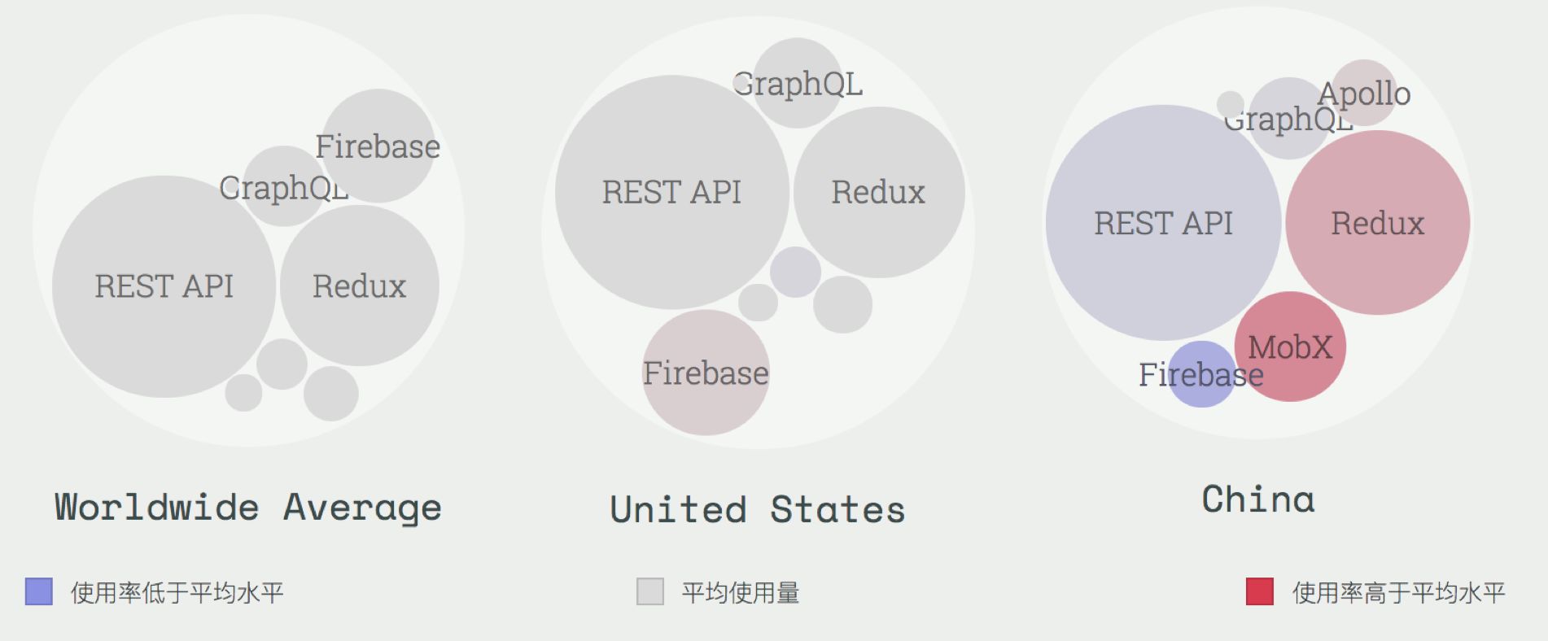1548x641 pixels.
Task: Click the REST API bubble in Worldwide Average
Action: click(x=164, y=286)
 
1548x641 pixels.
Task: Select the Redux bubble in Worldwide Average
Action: click(x=359, y=286)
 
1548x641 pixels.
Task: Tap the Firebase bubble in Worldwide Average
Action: click(x=378, y=146)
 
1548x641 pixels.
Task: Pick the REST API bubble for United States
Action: click(x=671, y=192)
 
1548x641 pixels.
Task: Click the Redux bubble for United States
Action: click(x=878, y=192)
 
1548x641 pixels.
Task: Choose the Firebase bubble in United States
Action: click(x=706, y=373)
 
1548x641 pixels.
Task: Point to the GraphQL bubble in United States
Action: click(x=797, y=83)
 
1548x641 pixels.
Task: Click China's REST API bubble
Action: click(x=1163, y=223)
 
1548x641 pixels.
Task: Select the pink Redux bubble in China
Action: click(x=1377, y=223)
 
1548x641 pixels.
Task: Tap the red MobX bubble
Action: click(x=1290, y=347)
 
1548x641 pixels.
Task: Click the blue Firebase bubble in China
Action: click(x=1200, y=375)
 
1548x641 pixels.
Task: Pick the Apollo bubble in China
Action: click(x=1364, y=93)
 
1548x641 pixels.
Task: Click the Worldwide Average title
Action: click(x=248, y=508)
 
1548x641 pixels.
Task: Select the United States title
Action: click(x=758, y=510)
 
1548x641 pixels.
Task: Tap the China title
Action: click(x=1258, y=499)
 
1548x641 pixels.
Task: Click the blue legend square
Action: click(x=39, y=591)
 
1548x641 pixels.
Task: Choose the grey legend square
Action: click(x=650, y=591)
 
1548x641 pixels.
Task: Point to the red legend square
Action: click(x=1259, y=591)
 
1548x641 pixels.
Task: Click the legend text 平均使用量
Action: click(x=741, y=593)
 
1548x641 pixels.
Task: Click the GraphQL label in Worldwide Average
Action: click(x=283, y=188)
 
